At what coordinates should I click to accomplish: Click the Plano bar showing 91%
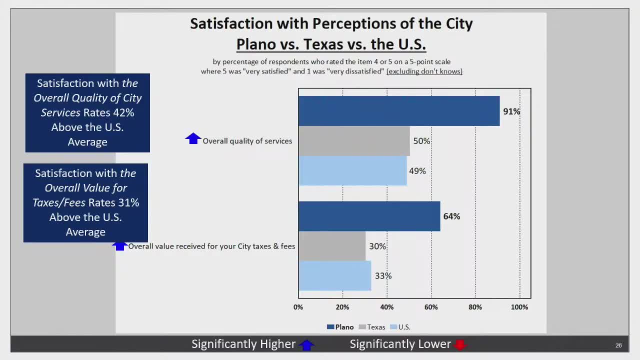pos(399,111)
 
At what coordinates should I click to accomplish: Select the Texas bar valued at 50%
pos(354,141)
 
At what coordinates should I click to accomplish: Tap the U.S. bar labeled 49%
pos(352,170)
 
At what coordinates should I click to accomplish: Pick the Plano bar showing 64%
pos(369,216)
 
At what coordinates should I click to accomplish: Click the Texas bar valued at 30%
pos(332,246)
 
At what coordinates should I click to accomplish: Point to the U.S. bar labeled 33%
pos(334,275)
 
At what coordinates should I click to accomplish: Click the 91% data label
pos(511,111)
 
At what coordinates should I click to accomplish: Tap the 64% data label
pos(451,216)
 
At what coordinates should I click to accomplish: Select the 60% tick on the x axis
pos(431,307)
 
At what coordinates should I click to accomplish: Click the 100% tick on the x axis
pos(519,307)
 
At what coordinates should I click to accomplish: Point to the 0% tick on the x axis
pos(298,307)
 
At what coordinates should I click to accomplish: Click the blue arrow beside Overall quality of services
pos(193,138)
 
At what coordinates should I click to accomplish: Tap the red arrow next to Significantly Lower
pos(460,344)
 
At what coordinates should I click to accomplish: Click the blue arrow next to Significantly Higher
pos(306,344)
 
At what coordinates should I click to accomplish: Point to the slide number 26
pos(618,345)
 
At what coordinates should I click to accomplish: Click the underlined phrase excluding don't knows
pos(424,71)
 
